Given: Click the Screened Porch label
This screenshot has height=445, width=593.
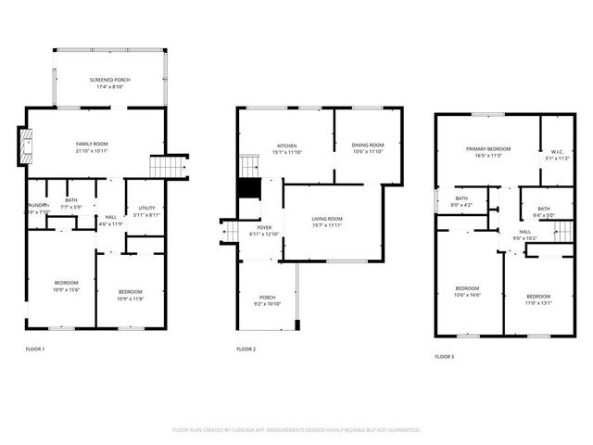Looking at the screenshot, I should click(x=109, y=81).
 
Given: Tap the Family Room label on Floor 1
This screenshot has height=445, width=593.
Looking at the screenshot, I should click(x=93, y=145).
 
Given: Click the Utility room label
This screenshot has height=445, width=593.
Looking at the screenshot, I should click(x=146, y=208).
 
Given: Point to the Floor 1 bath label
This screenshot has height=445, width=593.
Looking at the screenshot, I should click(x=71, y=199).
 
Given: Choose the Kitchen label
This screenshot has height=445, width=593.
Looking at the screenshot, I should click(x=285, y=146).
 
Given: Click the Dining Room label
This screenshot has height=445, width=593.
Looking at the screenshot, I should click(x=367, y=145).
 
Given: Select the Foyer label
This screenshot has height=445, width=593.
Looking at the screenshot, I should click(x=265, y=227).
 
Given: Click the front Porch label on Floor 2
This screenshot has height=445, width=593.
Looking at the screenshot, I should click(x=268, y=298).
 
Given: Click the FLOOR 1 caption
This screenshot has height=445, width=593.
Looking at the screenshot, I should click(x=34, y=349).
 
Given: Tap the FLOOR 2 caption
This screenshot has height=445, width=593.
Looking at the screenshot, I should click(x=246, y=349).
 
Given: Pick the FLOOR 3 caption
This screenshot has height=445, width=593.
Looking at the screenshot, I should click(x=445, y=356).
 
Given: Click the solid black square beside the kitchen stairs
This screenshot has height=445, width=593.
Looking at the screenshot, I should click(x=248, y=188).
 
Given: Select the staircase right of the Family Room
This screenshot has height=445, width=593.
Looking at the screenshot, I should click(x=169, y=167).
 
